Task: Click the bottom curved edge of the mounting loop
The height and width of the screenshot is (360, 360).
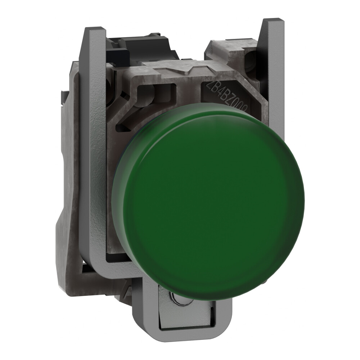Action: (x=180, y=338)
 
